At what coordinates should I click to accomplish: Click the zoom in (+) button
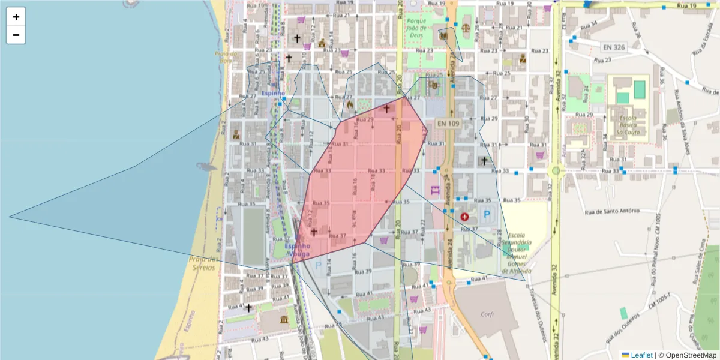pos(16,17)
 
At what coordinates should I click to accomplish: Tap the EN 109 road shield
pos(448,123)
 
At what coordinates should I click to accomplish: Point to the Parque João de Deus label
pos(416,27)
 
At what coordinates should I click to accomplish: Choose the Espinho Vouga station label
pos(298,250)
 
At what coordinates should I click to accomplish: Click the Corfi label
pos(487,314)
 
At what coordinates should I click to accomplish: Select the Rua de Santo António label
pos(612,211)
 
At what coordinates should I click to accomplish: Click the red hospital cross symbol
pos(464,216)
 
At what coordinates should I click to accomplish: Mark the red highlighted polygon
pos(360,180)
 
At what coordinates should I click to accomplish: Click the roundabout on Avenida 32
pos(556,171)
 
